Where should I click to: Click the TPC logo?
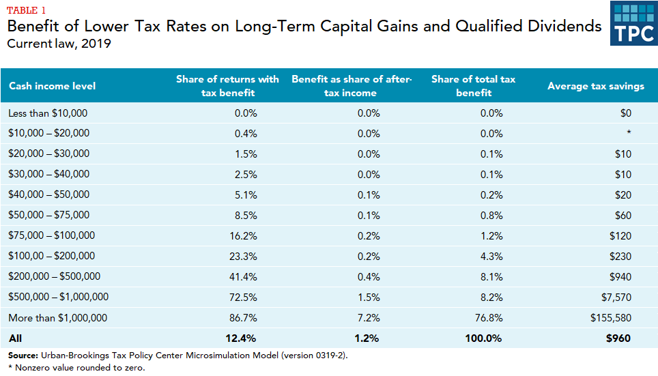(633, 25)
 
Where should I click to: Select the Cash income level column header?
(52, 86)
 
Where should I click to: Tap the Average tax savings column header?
(595, 86)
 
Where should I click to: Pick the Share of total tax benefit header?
(473, 86)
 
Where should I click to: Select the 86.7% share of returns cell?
(244, 318)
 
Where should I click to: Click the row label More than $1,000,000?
(57, 318)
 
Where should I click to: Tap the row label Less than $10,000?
(48, 113)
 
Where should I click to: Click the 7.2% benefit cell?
(369, 318)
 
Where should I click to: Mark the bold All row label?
(15, 338)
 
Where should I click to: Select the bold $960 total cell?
(617, 338)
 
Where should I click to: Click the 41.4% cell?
(244, 277)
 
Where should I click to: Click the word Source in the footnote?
(23, 356)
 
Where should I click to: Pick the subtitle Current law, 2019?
(59, 44)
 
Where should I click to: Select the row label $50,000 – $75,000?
(48, 216)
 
